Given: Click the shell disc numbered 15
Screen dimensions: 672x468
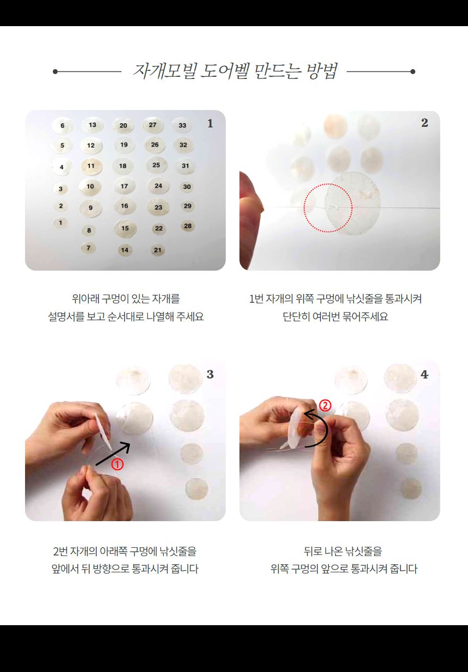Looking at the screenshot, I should coord(125,229).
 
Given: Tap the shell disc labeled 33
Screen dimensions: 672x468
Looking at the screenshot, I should coord(182,125).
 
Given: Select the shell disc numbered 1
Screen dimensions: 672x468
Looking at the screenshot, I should coord(60,223).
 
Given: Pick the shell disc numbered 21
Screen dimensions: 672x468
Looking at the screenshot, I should coord(158,251).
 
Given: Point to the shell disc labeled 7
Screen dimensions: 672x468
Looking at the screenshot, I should coord(88,248).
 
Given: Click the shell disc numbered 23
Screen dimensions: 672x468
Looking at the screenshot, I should coord(158,207).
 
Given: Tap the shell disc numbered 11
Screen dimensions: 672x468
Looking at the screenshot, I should coord(91,166).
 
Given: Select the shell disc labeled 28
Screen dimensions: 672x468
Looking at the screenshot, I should coord(188,226).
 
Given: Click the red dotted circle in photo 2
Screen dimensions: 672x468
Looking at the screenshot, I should coord(328,208).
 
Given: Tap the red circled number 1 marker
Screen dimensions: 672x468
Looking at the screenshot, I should coord(117,465).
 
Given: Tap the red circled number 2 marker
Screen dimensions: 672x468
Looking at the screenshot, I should coord(325,406).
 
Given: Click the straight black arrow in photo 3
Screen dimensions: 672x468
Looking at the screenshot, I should coord(113,454).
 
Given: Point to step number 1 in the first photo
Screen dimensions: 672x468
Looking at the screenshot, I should coord(210,124).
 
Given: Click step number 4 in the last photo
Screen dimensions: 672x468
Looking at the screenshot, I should coord(424,375).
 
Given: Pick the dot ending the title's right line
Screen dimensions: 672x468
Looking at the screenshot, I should coord(412,71).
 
